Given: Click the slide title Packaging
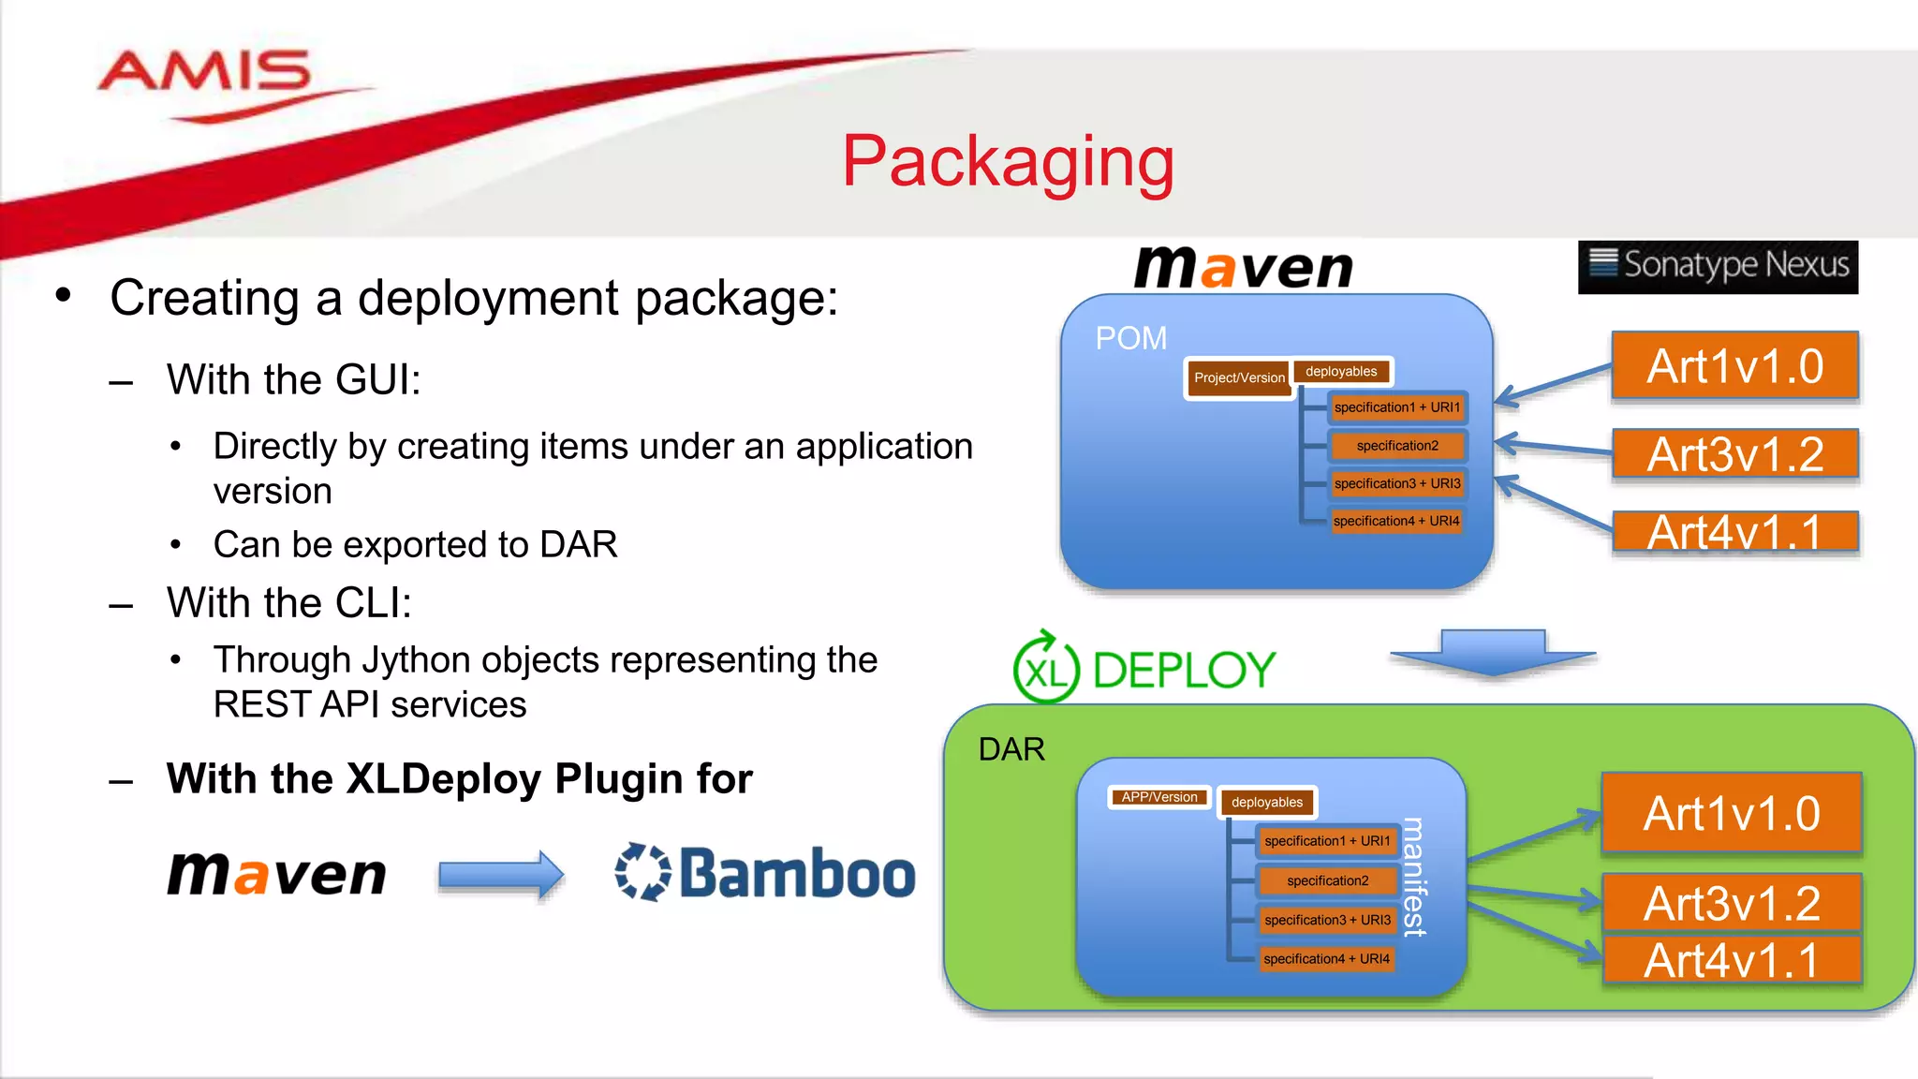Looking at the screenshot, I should pos(1008,161).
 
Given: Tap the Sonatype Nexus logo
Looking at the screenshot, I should pos(1718,266).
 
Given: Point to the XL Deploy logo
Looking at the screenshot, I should pos(1144,669).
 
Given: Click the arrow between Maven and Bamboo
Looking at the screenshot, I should pos(501,875).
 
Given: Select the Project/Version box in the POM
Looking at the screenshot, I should pos(1238,378).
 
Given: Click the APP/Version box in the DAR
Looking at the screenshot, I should pos(1159,797).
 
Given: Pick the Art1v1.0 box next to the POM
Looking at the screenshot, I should pos(1734,366).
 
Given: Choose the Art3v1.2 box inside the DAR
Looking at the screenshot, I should pos(1732,903).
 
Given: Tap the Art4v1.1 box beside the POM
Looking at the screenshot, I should pos(1734,531).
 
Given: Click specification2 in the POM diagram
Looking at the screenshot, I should pos(1396,446).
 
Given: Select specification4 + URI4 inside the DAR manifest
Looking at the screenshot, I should pos(1326,959).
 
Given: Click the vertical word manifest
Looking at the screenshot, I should pos(1414,877).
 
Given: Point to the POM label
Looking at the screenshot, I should pos(1131,338).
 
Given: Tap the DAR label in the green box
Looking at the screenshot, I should pos(1011,749).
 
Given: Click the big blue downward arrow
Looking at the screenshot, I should pos(1493,653).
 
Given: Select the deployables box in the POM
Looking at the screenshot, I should pos(1341,372).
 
